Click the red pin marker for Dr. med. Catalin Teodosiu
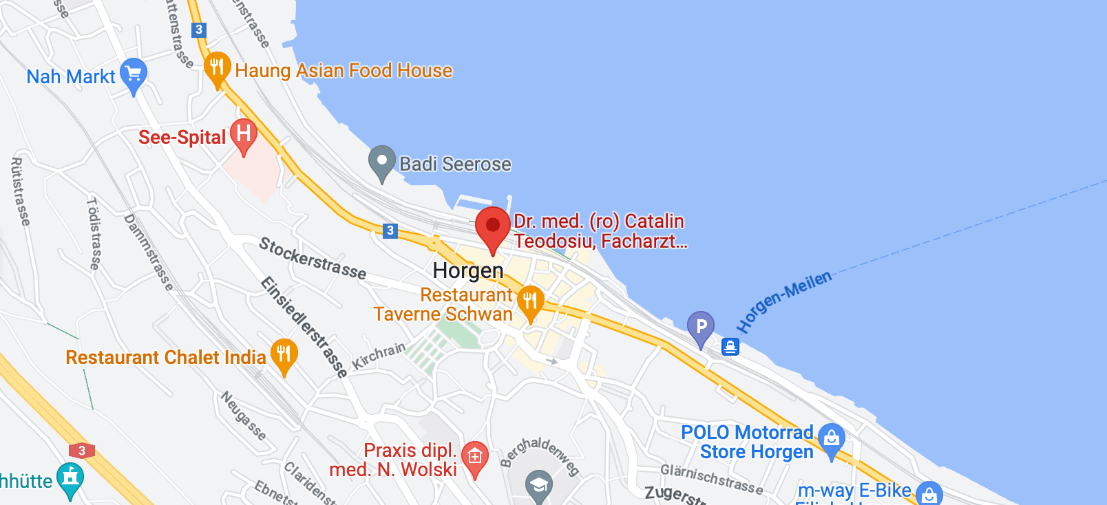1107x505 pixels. pyautogui.click(x=493, y=226)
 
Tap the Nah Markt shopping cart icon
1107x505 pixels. pyautogui.click(x=133, y=74)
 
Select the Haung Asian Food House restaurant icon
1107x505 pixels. pyautogui.click(x=217, y=67)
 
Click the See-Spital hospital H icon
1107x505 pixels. pyautogui.click(x=243, y=133)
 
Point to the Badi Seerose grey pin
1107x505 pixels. pyautogui.click(x=381, y=162)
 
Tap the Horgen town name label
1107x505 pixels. pyautogui.click(x=468, y=270)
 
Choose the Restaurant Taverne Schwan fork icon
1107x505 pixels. pyautogui.click(x=530, y=301)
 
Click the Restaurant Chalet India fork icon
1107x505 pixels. pyautogui.click(x=284, y=354)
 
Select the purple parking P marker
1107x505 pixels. pyautogui.click(x=701, y=327)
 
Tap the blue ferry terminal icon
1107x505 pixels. pyautogui.click(x=730, y=346)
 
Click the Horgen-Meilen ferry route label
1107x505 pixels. pyautogui.click(x=784, y=301)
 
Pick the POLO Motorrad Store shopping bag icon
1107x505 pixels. pyautogui.click(x=832, y=438)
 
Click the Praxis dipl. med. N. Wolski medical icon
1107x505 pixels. pyautogui.click(x=475, y=457)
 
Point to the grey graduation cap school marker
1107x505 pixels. pyautogui.click(x=539, y=485)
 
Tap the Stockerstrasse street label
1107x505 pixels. pyautogui.click(x=313, y=258)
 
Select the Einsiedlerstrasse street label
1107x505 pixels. pyautogui.click(x=304, y=325)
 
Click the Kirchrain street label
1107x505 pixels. pyautogui.click(x=379, y=356)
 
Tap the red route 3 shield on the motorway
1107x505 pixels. pyautogui.click(x=82, y=451)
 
